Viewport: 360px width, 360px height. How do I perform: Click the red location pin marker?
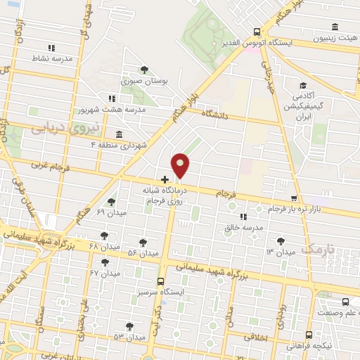(181, 166)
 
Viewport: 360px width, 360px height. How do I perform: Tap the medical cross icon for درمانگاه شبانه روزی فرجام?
(165, 180)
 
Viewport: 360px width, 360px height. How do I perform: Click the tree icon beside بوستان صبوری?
(144, 69)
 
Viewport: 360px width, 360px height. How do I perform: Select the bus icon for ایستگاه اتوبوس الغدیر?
(257, 32)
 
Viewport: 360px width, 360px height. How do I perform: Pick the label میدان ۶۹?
(110, 212)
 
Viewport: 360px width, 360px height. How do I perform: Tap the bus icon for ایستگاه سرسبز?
(161, 280)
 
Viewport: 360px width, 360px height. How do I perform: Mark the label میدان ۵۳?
(129, 337)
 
